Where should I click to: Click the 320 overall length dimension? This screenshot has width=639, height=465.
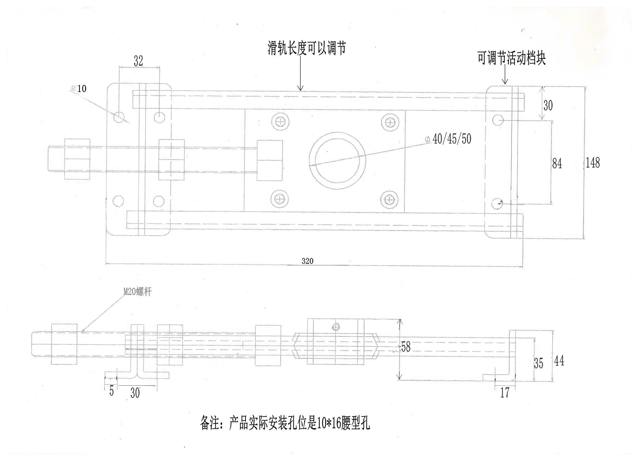(x=307, y=261)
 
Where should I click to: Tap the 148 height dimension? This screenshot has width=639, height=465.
(x=592, y=163)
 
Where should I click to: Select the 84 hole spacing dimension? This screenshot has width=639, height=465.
(x=557, y=164)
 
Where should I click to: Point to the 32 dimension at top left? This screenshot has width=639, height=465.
(x=138, y=61)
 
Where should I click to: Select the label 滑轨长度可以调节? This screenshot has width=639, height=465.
(x=307, y=48)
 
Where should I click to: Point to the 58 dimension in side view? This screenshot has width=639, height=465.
(x=405, y=347)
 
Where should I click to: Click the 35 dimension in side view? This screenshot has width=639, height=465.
(x=538, y=363)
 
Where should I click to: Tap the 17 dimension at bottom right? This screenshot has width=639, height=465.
(x=505, y=393)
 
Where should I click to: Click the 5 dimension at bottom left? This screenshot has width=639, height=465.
(x=112, y=391)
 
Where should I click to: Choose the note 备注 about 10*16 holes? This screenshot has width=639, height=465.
(x=285, y=424)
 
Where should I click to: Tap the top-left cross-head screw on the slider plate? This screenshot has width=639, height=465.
(x=281, y=122)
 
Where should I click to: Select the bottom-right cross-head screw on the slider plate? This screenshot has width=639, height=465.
(x=389, y=200)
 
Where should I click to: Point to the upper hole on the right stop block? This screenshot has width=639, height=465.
(x=498, y=120)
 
